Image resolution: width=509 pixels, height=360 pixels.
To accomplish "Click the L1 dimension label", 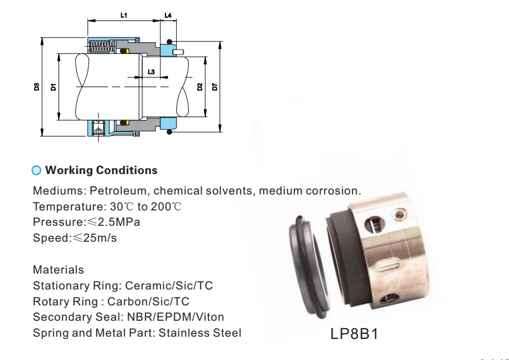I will tap(124, 15).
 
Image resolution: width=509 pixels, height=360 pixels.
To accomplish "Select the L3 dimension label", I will tap(150, 72).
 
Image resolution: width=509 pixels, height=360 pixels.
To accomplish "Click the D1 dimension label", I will tap(52, 87).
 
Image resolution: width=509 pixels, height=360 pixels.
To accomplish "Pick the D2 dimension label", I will tap(200, 87).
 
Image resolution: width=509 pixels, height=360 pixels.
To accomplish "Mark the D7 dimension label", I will tap(214, 87).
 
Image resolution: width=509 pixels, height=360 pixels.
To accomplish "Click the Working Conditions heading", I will tap(101, 170).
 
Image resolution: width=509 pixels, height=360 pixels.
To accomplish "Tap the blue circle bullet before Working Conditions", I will tap(38, 170).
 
